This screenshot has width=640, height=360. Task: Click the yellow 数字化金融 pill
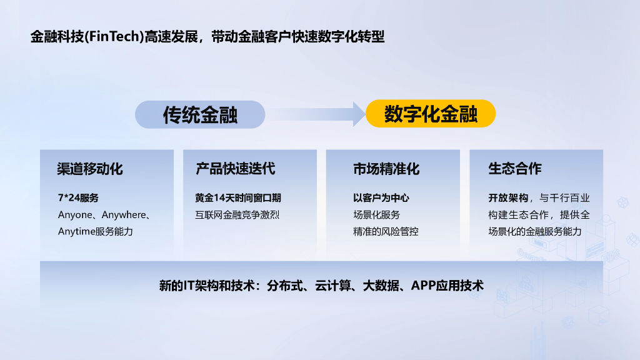point(431,114)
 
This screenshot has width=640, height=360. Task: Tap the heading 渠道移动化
point(90,169)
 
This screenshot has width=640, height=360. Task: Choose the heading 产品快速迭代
point(235,169)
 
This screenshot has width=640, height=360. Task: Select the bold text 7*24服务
point(78,198)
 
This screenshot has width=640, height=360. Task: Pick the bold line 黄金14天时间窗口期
point(237,198)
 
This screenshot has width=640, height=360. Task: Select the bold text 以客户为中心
point(381,198)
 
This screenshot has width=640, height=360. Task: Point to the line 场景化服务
point(376,215)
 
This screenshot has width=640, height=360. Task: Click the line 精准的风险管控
point(386,231)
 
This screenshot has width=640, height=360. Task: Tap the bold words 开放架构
point(508,198)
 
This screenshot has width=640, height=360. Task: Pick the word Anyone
point(74,215)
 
